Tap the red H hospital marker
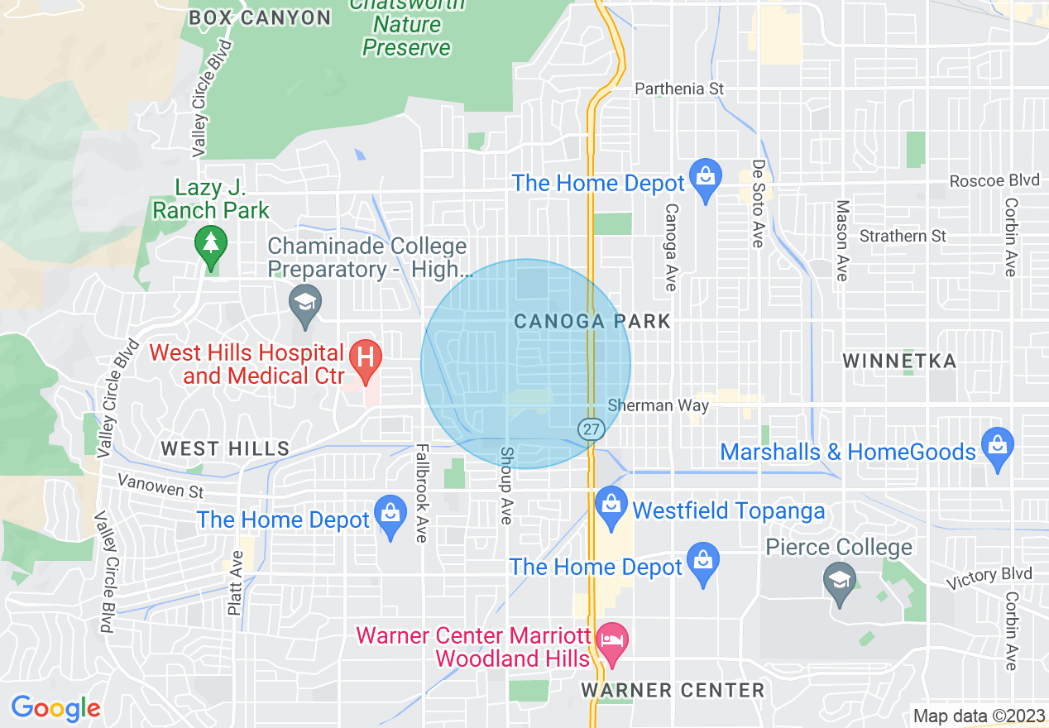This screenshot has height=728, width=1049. pyautogui.click(x=364, y=358)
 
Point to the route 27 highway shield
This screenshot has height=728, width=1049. pyautogui.click(x=590, y=429)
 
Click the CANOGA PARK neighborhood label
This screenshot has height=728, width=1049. pyautogui.click(x=592, y=322)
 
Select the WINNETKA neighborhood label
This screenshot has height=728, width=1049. pyautogui.click(x=899, y=361)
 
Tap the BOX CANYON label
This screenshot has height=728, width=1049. pyautogui.click(x=260, y=17)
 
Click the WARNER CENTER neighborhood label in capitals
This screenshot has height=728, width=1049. pyautogui.click(x=673, y=690)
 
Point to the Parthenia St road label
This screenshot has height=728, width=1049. pyautogui.click(x=679, y=89)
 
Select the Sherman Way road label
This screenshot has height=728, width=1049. pyautogui.click(x=658, y=405)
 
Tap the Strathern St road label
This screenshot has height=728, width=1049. pyautogui.click(x=903, y=237)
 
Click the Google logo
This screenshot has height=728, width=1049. pyautogui.click(x=55, y=708)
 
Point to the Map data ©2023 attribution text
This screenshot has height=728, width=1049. pyautogui.click(x=978, y=716)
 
